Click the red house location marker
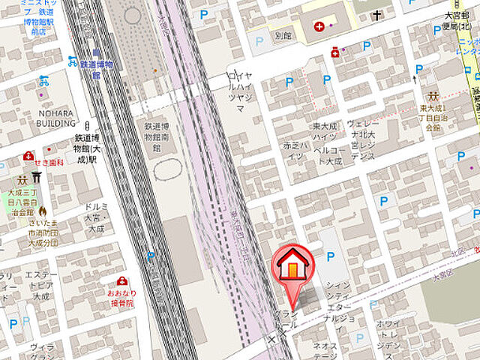click(292, 266)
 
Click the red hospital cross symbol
click(320, 27)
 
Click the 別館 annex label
click(283, 34)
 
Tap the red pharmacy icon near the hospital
click(335, 52)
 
